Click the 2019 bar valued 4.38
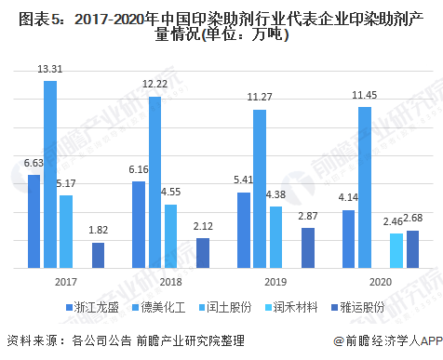275,237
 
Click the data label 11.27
259,96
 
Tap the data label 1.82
97,229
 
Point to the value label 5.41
243,179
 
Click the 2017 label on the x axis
65,280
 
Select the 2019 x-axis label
275,280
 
